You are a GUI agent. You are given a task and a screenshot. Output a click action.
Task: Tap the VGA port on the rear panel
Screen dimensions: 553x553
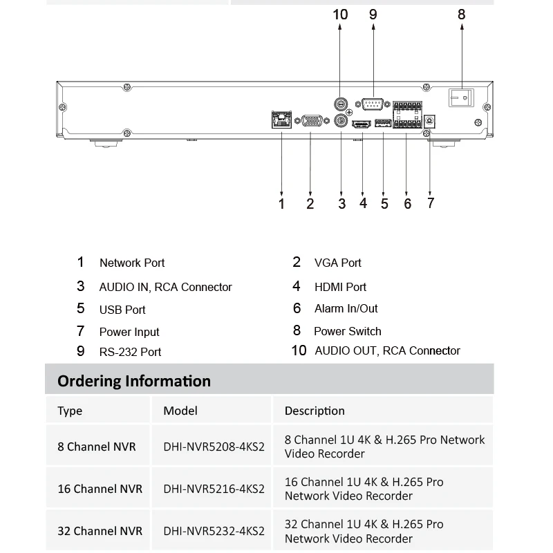click(x=310, y=121)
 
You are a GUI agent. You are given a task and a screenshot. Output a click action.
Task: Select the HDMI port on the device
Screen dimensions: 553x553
click(x=361, y=124)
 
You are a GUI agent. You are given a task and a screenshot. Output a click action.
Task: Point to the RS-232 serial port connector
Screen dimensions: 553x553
click(x=373, y=104)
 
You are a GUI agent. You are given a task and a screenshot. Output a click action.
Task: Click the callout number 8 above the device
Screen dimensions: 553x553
click(x=462, y=15)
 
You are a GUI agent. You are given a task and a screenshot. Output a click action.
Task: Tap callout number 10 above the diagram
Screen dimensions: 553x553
click(x=340, y=15)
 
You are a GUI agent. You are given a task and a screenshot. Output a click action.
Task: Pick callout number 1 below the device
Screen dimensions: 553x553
click(x=281, y=203)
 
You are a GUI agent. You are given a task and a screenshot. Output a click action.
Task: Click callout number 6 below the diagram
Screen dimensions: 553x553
click(x=408, y=203)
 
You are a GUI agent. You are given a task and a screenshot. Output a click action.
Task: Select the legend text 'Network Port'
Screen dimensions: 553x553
click(x=132, y=263)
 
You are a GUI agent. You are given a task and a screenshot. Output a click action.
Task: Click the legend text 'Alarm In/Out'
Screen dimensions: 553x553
click(x=346, y=308)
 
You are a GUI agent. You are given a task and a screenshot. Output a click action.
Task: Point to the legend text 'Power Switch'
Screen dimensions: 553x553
click(x=348, y=331)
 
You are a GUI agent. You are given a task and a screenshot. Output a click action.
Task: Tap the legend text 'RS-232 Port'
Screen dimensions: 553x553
click(x=130, y=352)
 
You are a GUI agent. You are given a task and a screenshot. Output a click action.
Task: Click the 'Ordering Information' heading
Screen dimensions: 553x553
click(x=134, y=381)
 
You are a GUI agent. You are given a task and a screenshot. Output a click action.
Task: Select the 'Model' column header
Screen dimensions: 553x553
click(x=180, y=411)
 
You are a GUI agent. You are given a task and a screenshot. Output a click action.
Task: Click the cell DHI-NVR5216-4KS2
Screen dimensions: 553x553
click(x=214, y=489)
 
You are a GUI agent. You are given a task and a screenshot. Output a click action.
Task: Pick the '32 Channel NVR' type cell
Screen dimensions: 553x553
click(x=100, y=531)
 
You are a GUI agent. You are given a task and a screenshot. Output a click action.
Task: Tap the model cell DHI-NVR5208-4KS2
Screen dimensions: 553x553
click(x=214, y=447)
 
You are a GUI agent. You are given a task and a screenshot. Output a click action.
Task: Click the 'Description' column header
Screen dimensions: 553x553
click(x=315, y=411)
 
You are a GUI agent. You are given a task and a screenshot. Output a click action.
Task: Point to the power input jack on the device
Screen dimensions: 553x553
click(x=430, y=120)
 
